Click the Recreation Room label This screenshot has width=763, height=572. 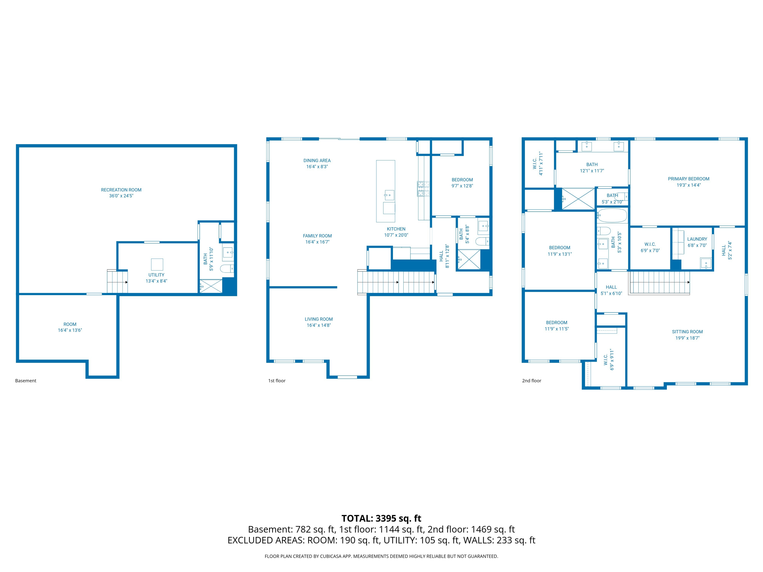coord(121,190)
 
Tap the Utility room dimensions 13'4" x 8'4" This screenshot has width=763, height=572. coord(156,281)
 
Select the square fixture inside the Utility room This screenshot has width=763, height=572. coord(157,264)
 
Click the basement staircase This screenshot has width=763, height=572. coord(117,282)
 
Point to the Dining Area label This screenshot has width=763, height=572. coord(317,160)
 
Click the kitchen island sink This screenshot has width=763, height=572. coord(389,195)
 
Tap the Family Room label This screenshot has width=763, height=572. coord(317,236)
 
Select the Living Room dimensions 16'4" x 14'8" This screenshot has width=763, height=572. coord(318,325)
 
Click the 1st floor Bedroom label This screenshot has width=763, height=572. coord(462,180)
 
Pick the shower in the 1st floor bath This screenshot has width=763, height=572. coord(469,259)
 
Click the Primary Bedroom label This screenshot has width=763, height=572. coord(688,179)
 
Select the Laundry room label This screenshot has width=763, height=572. coord(697,239)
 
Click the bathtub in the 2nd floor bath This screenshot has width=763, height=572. coord(612,216)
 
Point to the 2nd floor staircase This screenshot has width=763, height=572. coord(659,282)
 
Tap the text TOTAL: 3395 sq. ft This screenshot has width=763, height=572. coord(381,518)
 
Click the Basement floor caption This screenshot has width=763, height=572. coord(25,381)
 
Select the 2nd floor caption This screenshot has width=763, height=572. coord(531,381)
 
